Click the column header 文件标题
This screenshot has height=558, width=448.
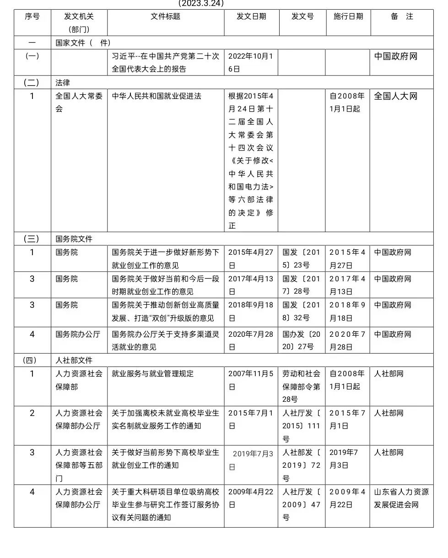165,16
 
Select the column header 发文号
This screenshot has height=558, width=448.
302,16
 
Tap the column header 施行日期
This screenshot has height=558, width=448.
348,16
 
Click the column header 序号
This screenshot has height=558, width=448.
32,16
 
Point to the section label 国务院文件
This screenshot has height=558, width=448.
74,239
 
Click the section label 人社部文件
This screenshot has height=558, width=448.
74,360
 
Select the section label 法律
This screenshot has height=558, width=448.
63,82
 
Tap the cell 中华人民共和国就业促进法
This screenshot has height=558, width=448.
157,96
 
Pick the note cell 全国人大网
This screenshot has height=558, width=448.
396,96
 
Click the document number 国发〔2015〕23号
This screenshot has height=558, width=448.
301,258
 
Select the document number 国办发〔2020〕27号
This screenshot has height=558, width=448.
301,340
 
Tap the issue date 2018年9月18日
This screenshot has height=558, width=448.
250,311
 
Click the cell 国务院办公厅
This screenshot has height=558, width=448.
77,334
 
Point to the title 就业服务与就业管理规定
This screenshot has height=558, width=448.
152,373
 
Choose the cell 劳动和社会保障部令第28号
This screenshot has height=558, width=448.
301,386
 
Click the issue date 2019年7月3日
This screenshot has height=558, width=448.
252,460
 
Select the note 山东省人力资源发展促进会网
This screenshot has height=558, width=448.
401,498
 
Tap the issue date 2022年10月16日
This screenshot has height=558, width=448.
250,62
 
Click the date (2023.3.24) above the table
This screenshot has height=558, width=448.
201,3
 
